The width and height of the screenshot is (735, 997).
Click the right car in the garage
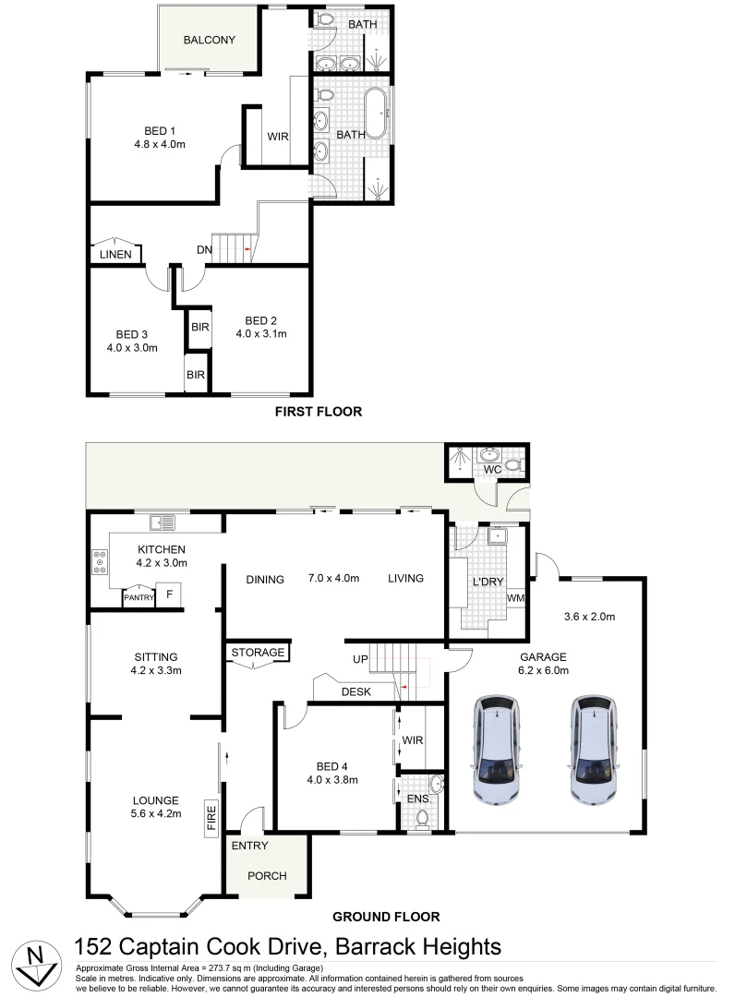pos(593,751)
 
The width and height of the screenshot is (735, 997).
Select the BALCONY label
pos(209,41)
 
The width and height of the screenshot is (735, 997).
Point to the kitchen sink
pos(163,523)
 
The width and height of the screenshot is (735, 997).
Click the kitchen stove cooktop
pos(99,562)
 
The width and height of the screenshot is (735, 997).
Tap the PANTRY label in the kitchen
pos(139,598)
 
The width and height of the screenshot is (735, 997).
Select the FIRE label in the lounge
pos(211,818)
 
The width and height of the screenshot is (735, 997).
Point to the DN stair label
pos(204,250)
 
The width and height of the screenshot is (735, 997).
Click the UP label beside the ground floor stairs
pos(361,660)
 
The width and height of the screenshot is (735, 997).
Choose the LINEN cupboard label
pos(115,254)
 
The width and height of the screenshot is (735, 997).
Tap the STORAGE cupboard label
pos(258,653)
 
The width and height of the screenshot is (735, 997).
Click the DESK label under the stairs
pos(356,691)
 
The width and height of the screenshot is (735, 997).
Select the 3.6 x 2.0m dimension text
pos(589,617)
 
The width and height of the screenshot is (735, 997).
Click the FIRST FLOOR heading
pos(318,412)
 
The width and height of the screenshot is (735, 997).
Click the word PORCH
pos(268,876)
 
